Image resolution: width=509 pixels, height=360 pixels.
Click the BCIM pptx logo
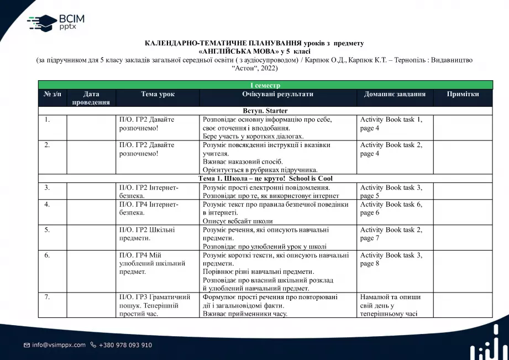tap(56, 23)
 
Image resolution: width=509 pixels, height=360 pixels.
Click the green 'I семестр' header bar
tap(265, 85)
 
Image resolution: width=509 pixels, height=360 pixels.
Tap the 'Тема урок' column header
tap(158, 94)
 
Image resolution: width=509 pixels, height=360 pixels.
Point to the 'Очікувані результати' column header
tap(277, 94)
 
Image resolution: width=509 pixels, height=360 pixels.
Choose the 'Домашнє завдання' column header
tap(395, 94)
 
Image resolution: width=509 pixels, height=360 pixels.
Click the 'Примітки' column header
tap(463, 94)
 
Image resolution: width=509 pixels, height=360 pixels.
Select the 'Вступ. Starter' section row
tap(265, 111)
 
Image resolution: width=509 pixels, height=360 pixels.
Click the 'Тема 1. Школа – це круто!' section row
tap(265, 179)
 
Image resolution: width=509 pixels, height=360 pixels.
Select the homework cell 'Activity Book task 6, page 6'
tap(391, 208)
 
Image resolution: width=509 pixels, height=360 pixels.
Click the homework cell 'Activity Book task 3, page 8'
tap(391, 259)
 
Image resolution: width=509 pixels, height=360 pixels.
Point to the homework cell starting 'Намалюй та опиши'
tap(390, 305)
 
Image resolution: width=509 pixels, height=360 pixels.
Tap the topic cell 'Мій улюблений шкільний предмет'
tap(152, 263)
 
